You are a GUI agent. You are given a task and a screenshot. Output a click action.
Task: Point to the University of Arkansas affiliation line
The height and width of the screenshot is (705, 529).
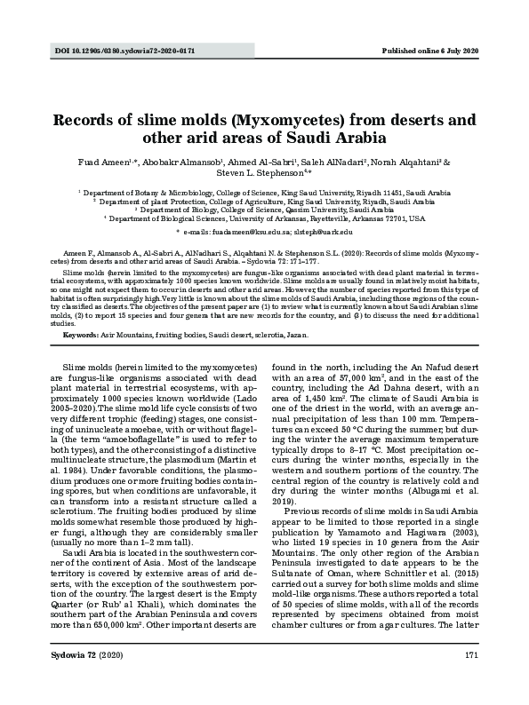pyautogui.click(x=267, y=218)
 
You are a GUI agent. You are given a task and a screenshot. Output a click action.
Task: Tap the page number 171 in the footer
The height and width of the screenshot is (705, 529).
pyautogui.click(x=472, y=679)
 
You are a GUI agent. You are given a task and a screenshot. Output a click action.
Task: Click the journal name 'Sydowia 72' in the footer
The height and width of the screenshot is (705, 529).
pyautogui.click(x=76, y=679)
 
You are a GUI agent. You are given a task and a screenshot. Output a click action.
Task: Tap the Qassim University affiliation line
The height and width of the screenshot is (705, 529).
pyautogui.click(x=267, y=210)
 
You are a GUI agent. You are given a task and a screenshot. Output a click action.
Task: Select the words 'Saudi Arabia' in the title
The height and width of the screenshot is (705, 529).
pyautogui.click(x=340, y=139)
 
